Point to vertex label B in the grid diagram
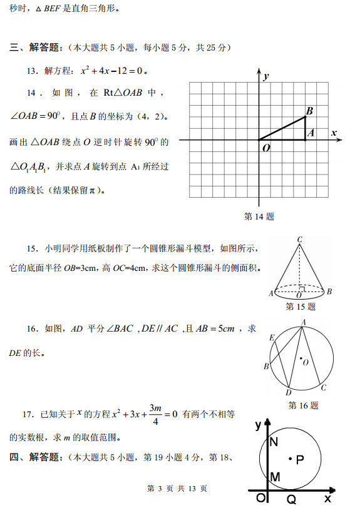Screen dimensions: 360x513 point(309,111)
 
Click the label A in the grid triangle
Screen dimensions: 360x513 point(311,133)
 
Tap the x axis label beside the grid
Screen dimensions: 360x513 point(334,133)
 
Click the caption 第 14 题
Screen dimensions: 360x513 point(259,216)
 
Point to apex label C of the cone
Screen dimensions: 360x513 point(301,240)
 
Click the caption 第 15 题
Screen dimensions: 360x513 point(301,307)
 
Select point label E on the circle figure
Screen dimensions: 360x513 point(272,338)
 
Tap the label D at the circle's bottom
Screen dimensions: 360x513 point(288,392)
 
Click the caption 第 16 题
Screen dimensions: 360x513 point(303,405)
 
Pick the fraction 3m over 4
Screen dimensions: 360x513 point(155,414)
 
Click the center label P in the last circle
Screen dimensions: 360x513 point(300,460)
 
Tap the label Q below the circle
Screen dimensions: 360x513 point(291,499)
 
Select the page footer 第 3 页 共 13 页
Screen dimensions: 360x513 point(176,489)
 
